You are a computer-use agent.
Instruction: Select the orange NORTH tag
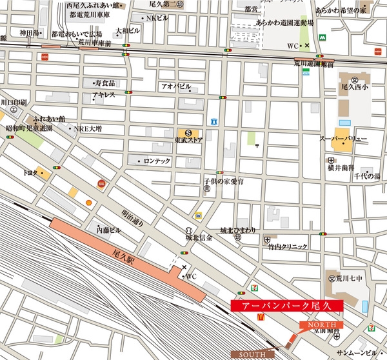click(317, 324)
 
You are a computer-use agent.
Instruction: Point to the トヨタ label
click(28, 173)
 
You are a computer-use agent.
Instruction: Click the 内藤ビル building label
click(108, 230)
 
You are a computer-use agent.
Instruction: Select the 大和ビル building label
click(128, 31)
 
